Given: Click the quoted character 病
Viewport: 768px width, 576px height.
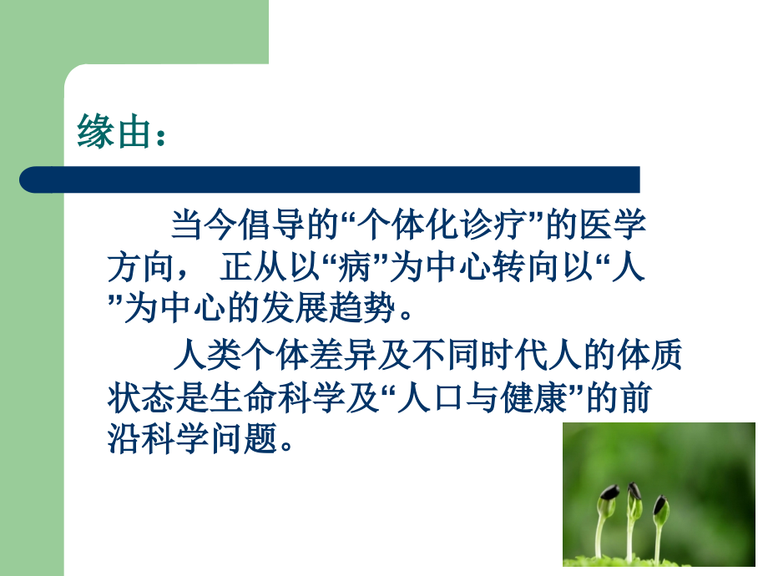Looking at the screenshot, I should pyautogui.click(x=348, y=270).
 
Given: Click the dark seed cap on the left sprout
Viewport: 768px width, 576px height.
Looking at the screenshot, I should pyautogui.click(x=609, y=493).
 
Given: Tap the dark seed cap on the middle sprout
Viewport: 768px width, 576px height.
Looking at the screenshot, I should pyautogui.click(x=634, y=489).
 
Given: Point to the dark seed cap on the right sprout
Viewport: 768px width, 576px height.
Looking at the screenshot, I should pyautogui.click(x=660, y=504).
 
